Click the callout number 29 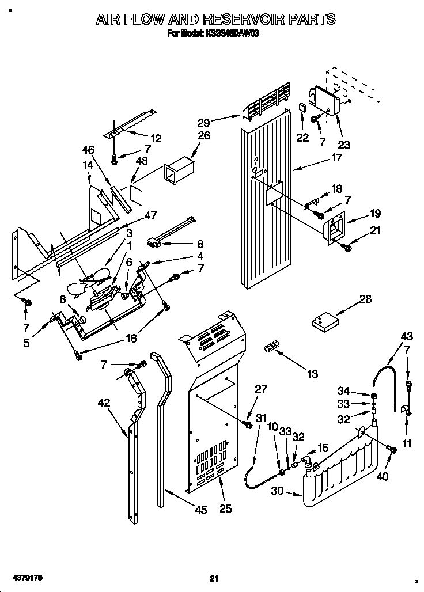click(203, 122)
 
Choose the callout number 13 click(312, 374)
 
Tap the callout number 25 click(225, 508)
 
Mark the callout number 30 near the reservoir click(278, 491)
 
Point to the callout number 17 click(336, 157)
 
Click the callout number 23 click(344, 145)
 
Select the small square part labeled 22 click(302, 107)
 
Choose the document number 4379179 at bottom click(22, 578)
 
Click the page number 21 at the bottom click(214, 578)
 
